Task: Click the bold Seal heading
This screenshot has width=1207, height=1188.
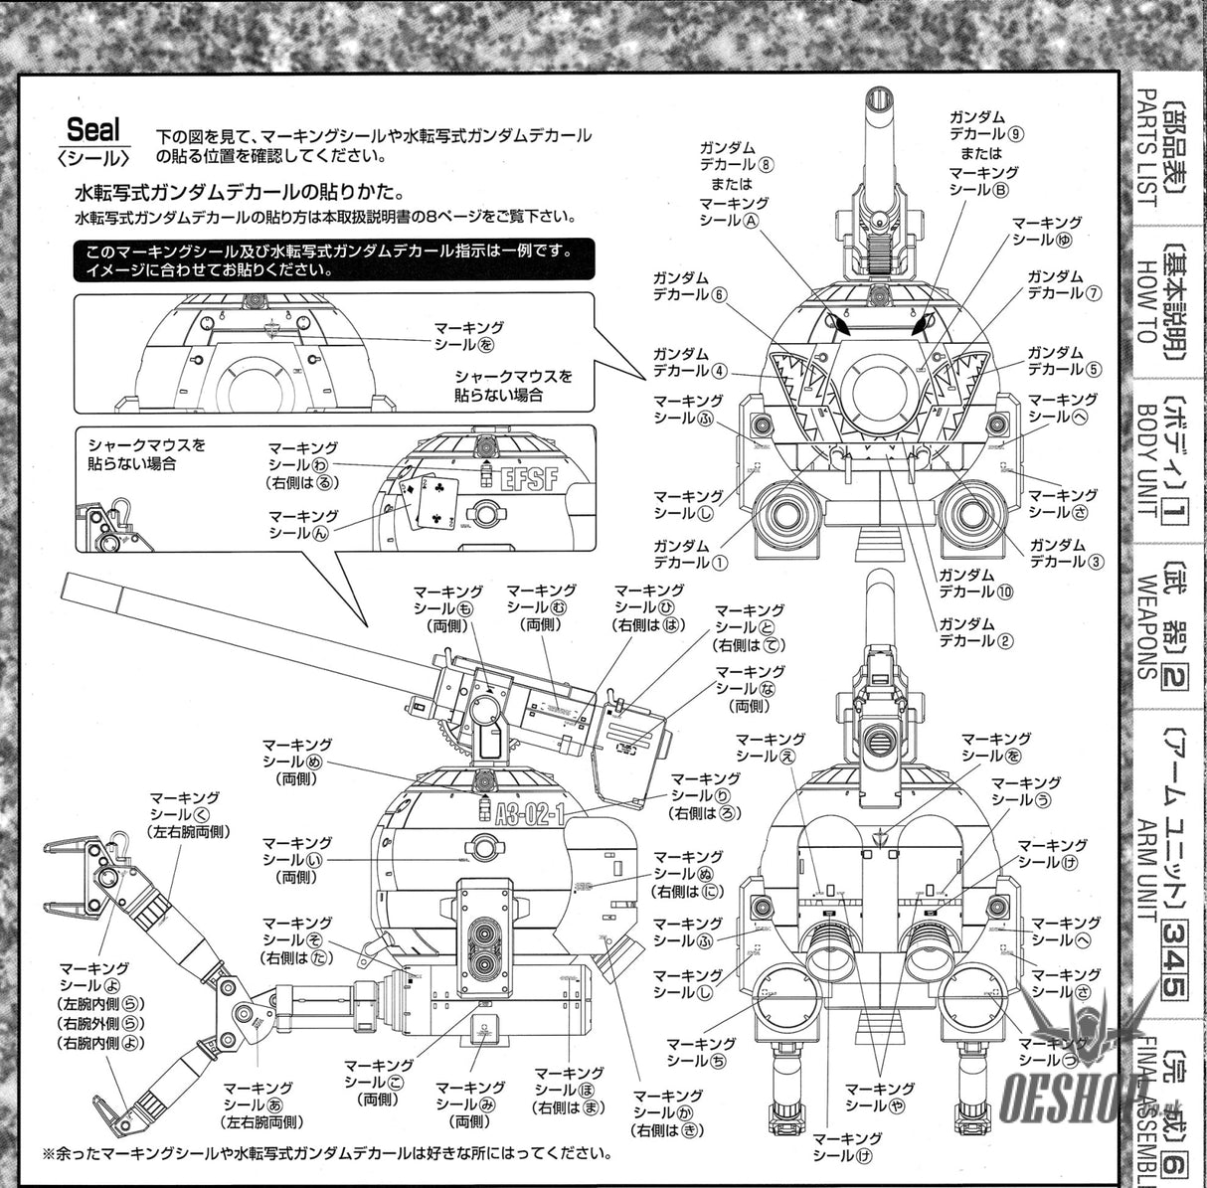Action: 93,128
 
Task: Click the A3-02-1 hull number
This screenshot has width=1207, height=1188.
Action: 531,814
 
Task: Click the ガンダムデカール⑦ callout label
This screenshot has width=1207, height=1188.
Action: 1065,284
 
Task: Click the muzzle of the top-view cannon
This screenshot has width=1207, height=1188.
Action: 881,99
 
